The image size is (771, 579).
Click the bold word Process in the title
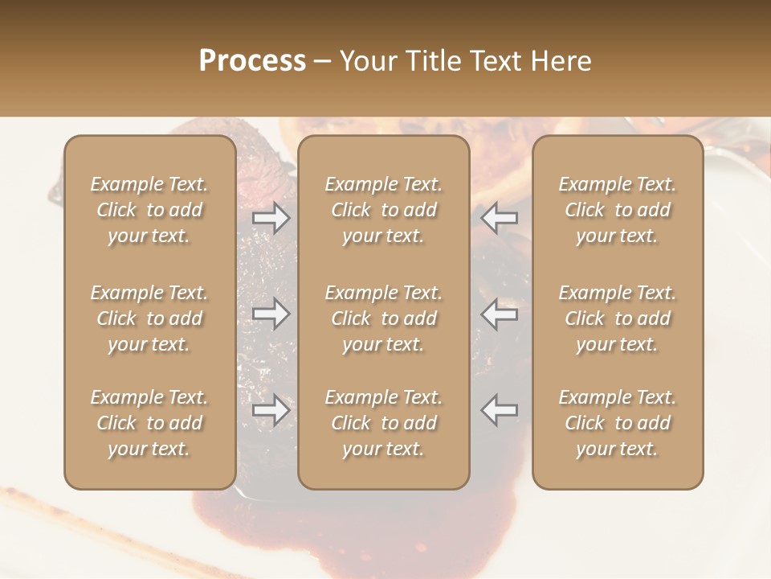(x=252, y=61)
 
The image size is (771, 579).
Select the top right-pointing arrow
(x=271, y=217)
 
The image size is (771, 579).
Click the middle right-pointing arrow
(x=271, y=314)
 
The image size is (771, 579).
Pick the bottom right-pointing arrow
(x=271, y=410)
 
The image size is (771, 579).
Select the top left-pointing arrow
(x=499, y=217)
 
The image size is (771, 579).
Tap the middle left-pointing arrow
(x=499, y=314)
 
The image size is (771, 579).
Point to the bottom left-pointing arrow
(x=499, y=410)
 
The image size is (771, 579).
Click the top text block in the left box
(x=149, y=210)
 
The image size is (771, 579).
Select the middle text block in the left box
(x=149, y=318)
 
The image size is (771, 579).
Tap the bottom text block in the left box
(x=149, y=423)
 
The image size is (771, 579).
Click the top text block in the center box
(x=383, y=210)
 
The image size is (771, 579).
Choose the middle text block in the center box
(x=383, y=318)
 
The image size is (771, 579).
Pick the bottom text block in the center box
(x=383, y=423)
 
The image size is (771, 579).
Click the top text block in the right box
(x=617, y=210)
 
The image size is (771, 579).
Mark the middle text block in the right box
(x=617, y=318)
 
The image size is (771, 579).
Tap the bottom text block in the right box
(x=617, y=423)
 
